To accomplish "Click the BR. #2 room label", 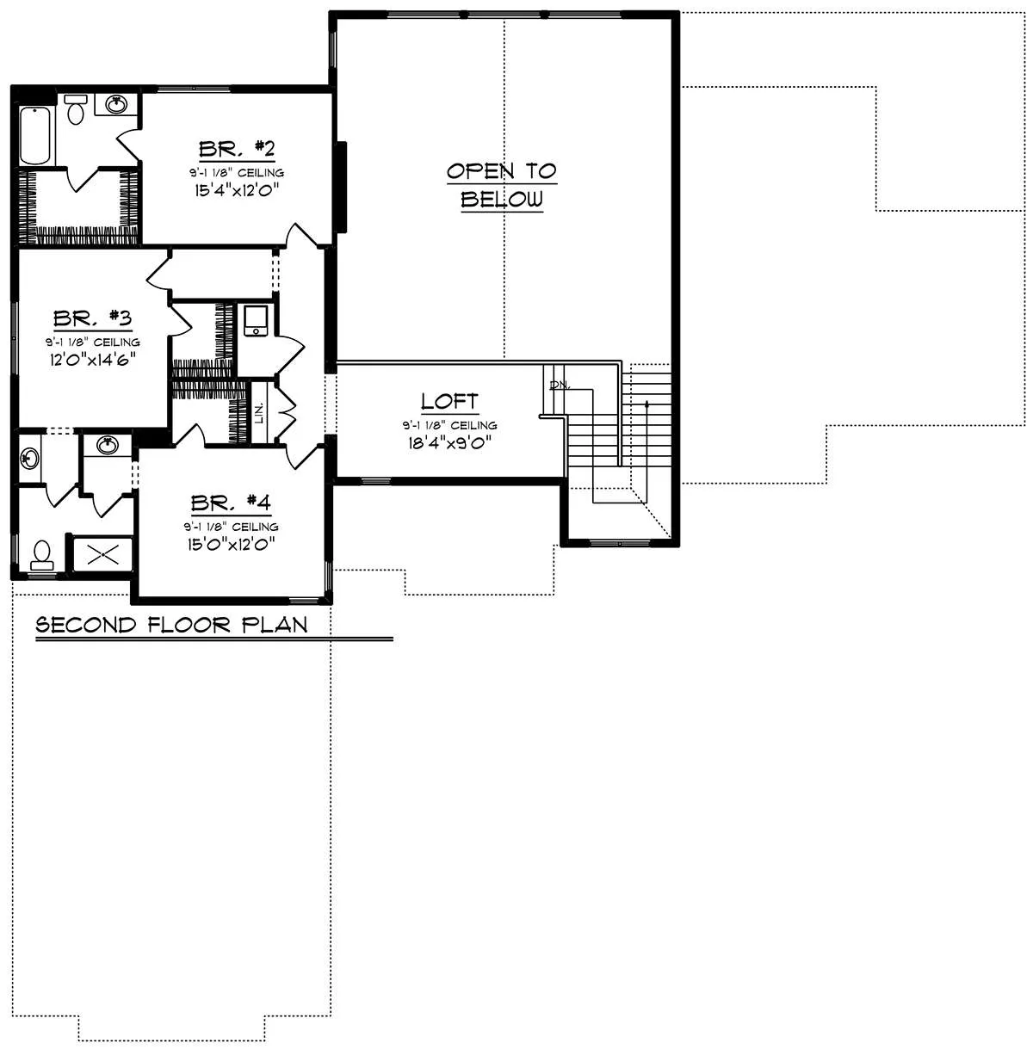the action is pos(237,149).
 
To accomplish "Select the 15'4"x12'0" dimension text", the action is pos(237,190).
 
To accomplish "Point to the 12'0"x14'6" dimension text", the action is pos(93,360).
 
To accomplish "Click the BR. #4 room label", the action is pos(231,503).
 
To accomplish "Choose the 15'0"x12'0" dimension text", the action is pos(231,544).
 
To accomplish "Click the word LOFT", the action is pos(449,402).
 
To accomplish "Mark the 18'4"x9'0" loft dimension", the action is pos(450,442).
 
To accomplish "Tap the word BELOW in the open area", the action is pos(502,200).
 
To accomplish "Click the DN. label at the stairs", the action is pos(560,386).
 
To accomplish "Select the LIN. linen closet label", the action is pos(259,413).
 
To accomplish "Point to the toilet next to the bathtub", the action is pos(76,109).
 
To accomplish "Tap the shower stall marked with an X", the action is pos(102,555).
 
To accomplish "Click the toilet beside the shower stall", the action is pos(42,555).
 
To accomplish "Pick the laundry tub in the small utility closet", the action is pos(256,321).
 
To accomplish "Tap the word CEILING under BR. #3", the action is pos(116,342).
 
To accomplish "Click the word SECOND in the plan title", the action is pos(86,625).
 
